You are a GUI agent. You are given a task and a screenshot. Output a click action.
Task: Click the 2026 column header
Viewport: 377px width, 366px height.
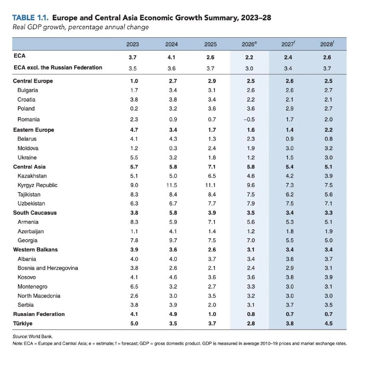pyautogui.click(x=249, y=44)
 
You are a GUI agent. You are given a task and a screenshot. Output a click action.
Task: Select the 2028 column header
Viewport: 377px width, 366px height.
pyautogui.click(x=327, y=44)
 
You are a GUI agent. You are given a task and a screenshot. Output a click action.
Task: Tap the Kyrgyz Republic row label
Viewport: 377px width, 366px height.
pyautogui.click(x=38, y=185)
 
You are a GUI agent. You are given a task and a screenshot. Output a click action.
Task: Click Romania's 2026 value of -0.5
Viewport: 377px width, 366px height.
pyautogui.click(x=249, y=119)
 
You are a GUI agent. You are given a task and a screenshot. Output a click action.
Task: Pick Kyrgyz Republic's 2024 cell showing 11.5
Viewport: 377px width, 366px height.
pyautogui.click(x=172, y=185)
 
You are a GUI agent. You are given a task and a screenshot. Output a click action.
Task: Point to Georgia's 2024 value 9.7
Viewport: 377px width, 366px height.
pyautogui.click(x=173, y=240)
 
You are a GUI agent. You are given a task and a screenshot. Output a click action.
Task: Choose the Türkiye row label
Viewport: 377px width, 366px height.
pyautogui.click(x=23, y=323)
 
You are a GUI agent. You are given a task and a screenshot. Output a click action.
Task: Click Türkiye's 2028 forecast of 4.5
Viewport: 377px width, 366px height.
pyautogui.click(x=328, y=323)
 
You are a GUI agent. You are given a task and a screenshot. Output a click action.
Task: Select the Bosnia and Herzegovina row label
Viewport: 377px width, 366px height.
pyautogui.click(x=48, y=268)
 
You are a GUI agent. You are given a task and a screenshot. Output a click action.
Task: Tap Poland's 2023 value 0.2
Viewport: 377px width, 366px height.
pyautogui.click(x=134, y=109)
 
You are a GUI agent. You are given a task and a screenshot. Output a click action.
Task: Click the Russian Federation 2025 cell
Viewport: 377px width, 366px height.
pyautogui.click(x=212, y=314)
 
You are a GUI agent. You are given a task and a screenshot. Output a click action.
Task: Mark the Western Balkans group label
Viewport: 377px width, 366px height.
pyautogui.click(x=35, y=250)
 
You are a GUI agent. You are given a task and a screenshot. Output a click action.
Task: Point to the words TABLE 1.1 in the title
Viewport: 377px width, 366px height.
pyautogui.click(x=30, y=17)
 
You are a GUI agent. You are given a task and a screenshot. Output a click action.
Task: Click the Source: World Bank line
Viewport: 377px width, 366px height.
pyautogui.click(x=33, y=336)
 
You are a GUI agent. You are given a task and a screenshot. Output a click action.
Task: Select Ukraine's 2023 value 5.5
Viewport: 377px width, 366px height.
pyautogui.click(x=134, y=158)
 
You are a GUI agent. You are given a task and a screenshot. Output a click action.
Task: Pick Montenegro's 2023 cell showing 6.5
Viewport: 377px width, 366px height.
pyautogui.click(x=134, y=287)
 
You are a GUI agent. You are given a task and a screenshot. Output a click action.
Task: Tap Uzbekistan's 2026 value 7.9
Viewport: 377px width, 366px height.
pyautogui.click(x=251, y=204)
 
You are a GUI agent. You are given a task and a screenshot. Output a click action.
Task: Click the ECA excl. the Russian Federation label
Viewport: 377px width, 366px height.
pyautogui.click(x=58, y=68)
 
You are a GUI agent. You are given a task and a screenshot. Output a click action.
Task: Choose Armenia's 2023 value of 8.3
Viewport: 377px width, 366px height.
pyautogui.click(x=134, y=222)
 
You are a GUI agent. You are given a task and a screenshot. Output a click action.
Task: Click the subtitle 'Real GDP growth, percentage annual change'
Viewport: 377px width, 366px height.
pyautogui.click(x=81, y=27)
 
